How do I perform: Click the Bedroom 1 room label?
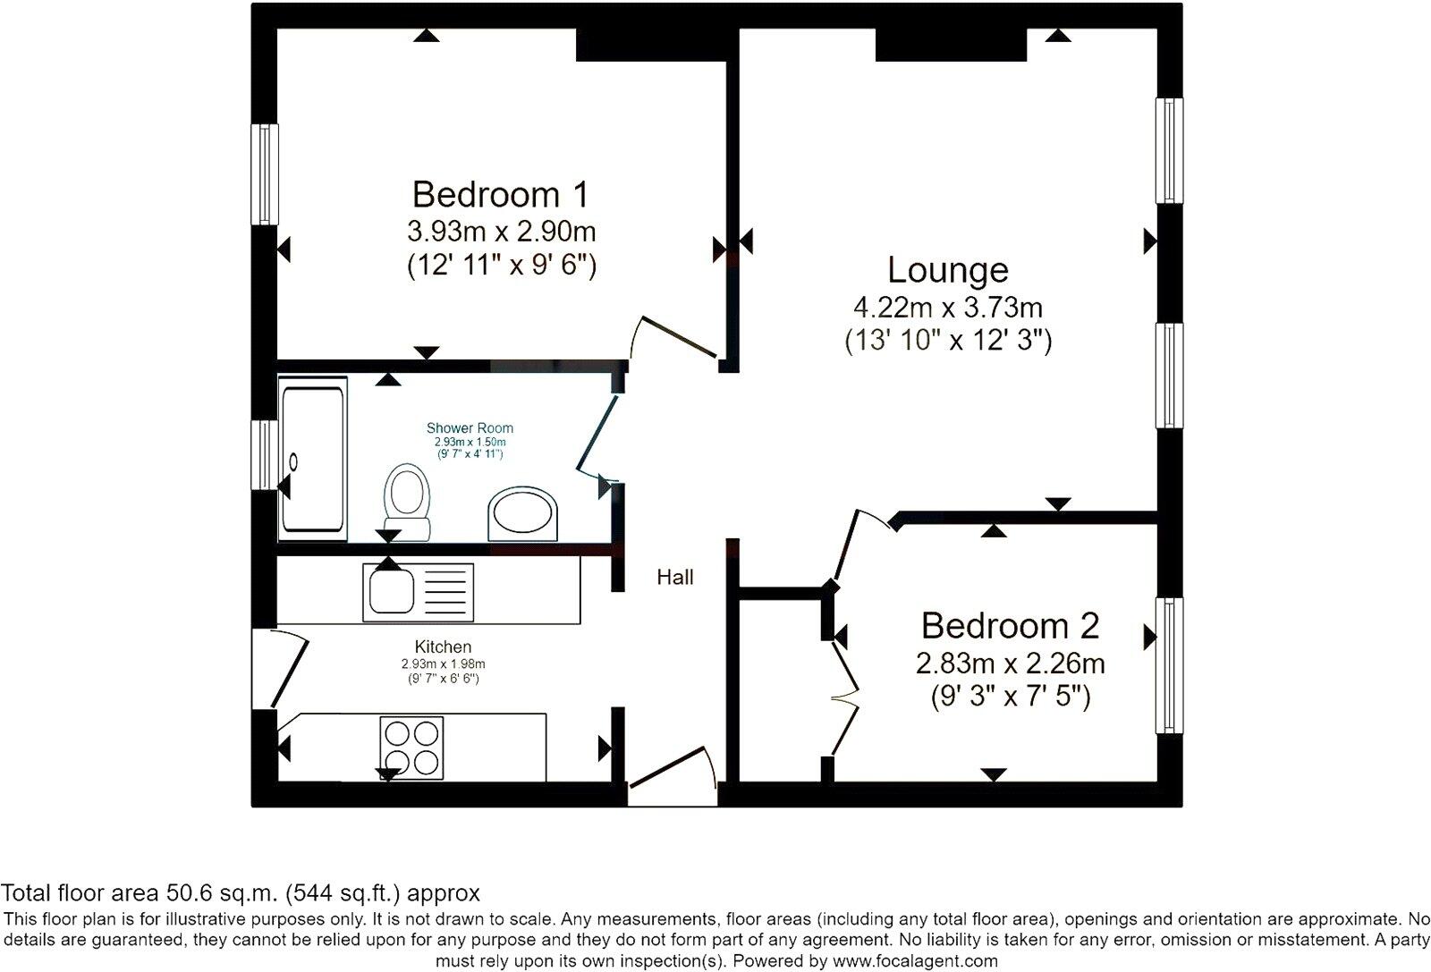tap(501, 194)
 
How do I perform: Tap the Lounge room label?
tap(948, 270)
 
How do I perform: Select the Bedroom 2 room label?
tap(1010, 626)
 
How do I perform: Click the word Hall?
tap(675, 578)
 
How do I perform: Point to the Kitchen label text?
tap(443, 647)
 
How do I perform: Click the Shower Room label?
tap(470, 428)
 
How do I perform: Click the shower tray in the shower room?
tap(313, 458)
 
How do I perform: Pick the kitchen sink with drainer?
tap(418, 592)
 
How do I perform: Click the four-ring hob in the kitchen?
tap(411, 748)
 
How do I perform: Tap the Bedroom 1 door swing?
tap(671, 338)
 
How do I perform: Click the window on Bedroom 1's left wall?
tap(265, 173)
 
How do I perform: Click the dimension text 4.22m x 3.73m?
tap(948, 309)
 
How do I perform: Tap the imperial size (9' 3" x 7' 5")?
tap(1010, 697)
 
